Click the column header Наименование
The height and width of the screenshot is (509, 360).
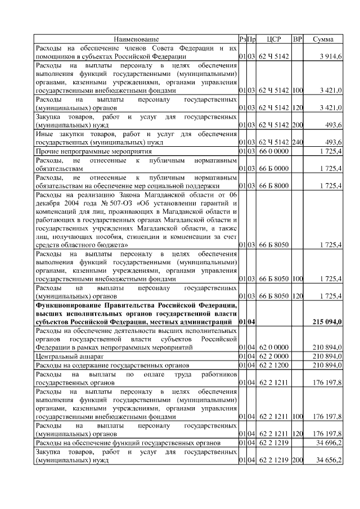pos(136,39)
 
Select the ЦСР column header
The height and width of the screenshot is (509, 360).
pos(273,39)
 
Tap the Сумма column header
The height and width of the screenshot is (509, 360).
pos(323,39)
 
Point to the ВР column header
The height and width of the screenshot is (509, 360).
pos(298,39)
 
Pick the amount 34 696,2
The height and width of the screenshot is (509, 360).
pos(329,443)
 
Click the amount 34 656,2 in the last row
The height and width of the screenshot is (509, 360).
pos(329,461)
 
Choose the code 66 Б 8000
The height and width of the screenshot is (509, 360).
pos(274,185)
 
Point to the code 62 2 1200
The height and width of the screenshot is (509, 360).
pos(274,364)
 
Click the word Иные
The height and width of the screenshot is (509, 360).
pos(44,134)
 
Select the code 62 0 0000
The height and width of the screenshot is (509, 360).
pos(274,348)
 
